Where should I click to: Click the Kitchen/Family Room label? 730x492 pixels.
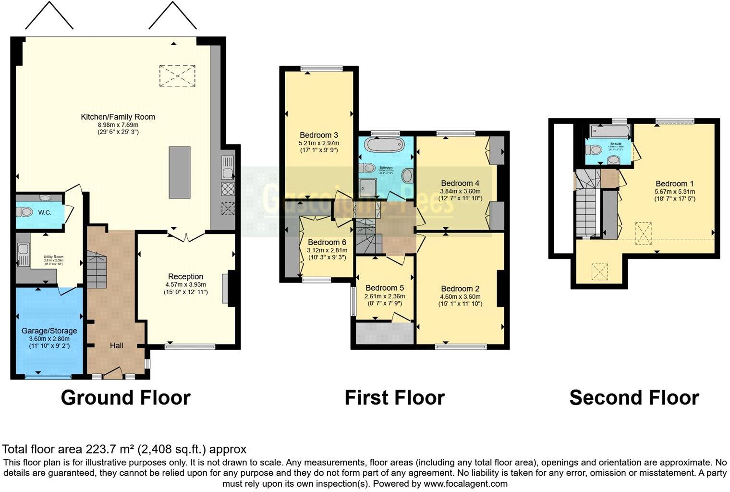[x=118, y=117]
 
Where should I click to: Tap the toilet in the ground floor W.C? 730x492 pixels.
[x=24, y=212]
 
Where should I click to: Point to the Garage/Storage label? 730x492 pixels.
[x=49, y=331]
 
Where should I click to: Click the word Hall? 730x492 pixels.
[x=116, y=345]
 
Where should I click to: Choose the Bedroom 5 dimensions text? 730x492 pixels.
[x=385, y=300]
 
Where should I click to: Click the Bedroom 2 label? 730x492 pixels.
[x=460, y=289]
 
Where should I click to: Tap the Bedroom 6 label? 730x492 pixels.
[x=327, y=242]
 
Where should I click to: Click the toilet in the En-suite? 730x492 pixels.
[x=596, y=150]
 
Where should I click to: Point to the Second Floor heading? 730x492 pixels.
[x=633, y=398]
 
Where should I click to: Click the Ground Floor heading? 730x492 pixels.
[x=125, y=398]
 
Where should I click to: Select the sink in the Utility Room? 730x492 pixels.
[x=22, y=253]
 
